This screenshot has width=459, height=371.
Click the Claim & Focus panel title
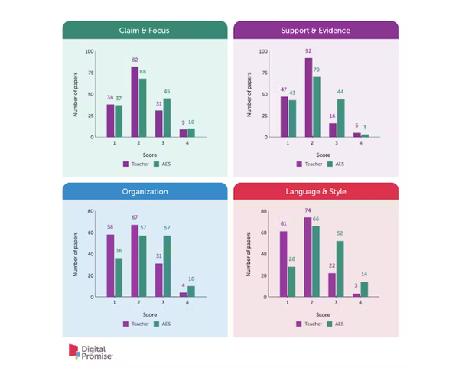coord(145,30)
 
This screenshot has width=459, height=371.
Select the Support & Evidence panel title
coord(315,30)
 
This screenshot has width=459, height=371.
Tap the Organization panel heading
coord(145,191)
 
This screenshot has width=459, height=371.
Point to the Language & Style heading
coord(315,191)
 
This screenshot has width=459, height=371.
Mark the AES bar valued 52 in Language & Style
coord(340,268)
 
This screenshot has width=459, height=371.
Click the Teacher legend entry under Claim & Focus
coord(135,163)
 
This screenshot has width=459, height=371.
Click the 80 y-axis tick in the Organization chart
coord(90,211)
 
